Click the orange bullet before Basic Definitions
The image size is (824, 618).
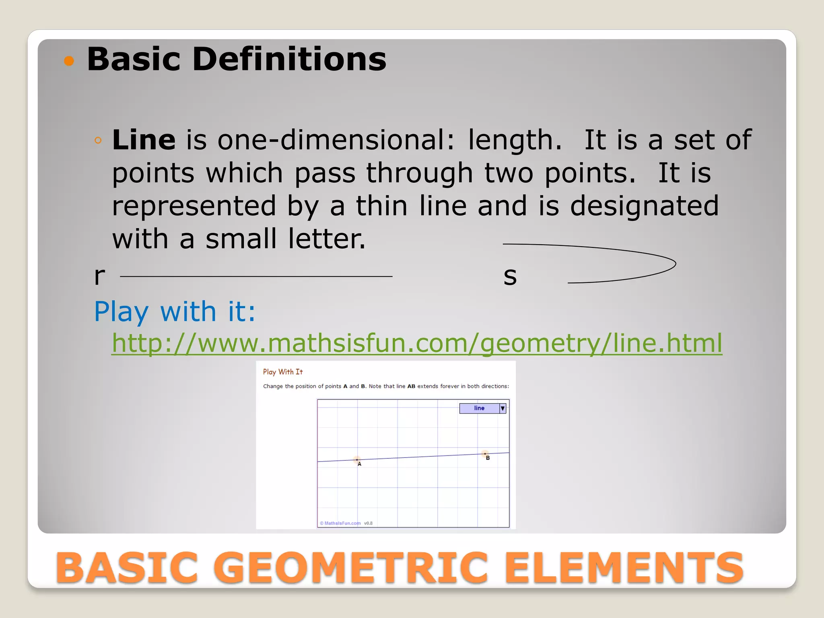[x=69, y=61]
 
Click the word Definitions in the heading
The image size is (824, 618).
[x=289, y=59]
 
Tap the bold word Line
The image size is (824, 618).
[x=144, y=140]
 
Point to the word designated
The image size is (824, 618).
[x=644, y=206]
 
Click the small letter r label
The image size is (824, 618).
[x=99, y=276]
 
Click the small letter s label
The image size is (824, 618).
[x=510, y=276]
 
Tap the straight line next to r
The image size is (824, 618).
[x=256, y=276]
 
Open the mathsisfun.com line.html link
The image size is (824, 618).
[x=417, y=343]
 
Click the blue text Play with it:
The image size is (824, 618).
[x=175, y=311]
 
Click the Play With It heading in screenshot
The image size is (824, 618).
[x=283, y=372]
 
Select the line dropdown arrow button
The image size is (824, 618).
[x=503, y=408]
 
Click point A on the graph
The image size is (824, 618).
[x=357, y=459]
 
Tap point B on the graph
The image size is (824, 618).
[x=485, y=454]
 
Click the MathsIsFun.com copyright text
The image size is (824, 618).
[x=340, y=523]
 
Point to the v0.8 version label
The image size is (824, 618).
[x=368, y=523]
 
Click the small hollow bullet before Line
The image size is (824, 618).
[x=98, y=140]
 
